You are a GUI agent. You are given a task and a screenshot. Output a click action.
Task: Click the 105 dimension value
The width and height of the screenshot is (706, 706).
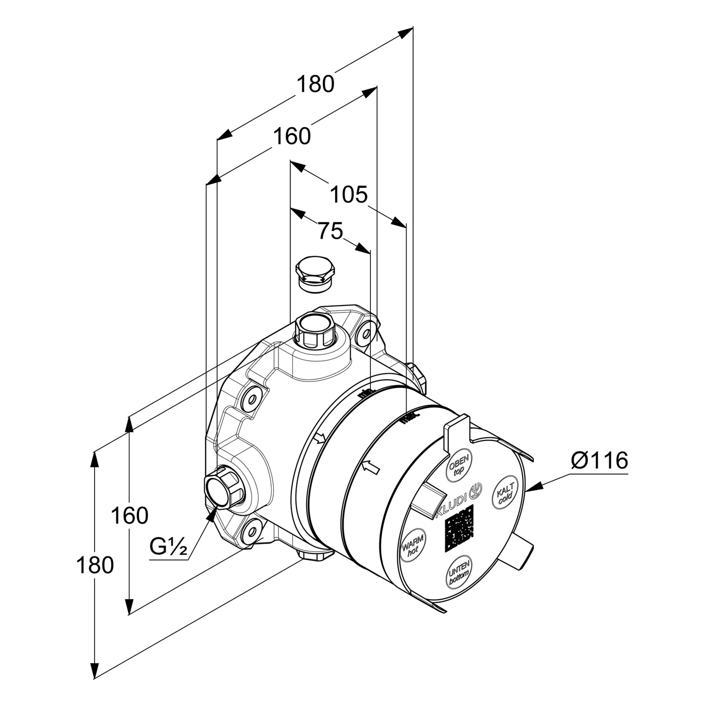tap(348, 194)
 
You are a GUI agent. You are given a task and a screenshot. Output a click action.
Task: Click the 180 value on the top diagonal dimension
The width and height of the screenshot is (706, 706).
tap(315, 84)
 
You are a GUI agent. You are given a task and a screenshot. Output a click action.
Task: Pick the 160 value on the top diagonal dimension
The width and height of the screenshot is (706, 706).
tap(292, 136)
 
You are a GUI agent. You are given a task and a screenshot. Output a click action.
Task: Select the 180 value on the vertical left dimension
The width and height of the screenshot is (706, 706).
tap(95, 565)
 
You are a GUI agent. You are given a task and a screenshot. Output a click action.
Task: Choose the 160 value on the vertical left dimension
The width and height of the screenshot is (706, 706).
tap(129, 516)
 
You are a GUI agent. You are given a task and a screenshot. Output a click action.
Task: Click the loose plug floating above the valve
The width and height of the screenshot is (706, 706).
tap(315, 273)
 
